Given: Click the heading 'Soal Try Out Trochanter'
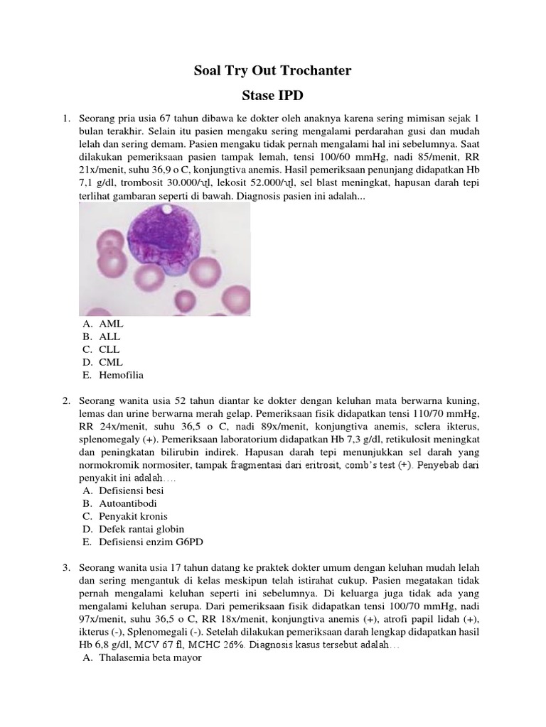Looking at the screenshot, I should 272,71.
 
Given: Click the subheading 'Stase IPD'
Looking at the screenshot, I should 272,94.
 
